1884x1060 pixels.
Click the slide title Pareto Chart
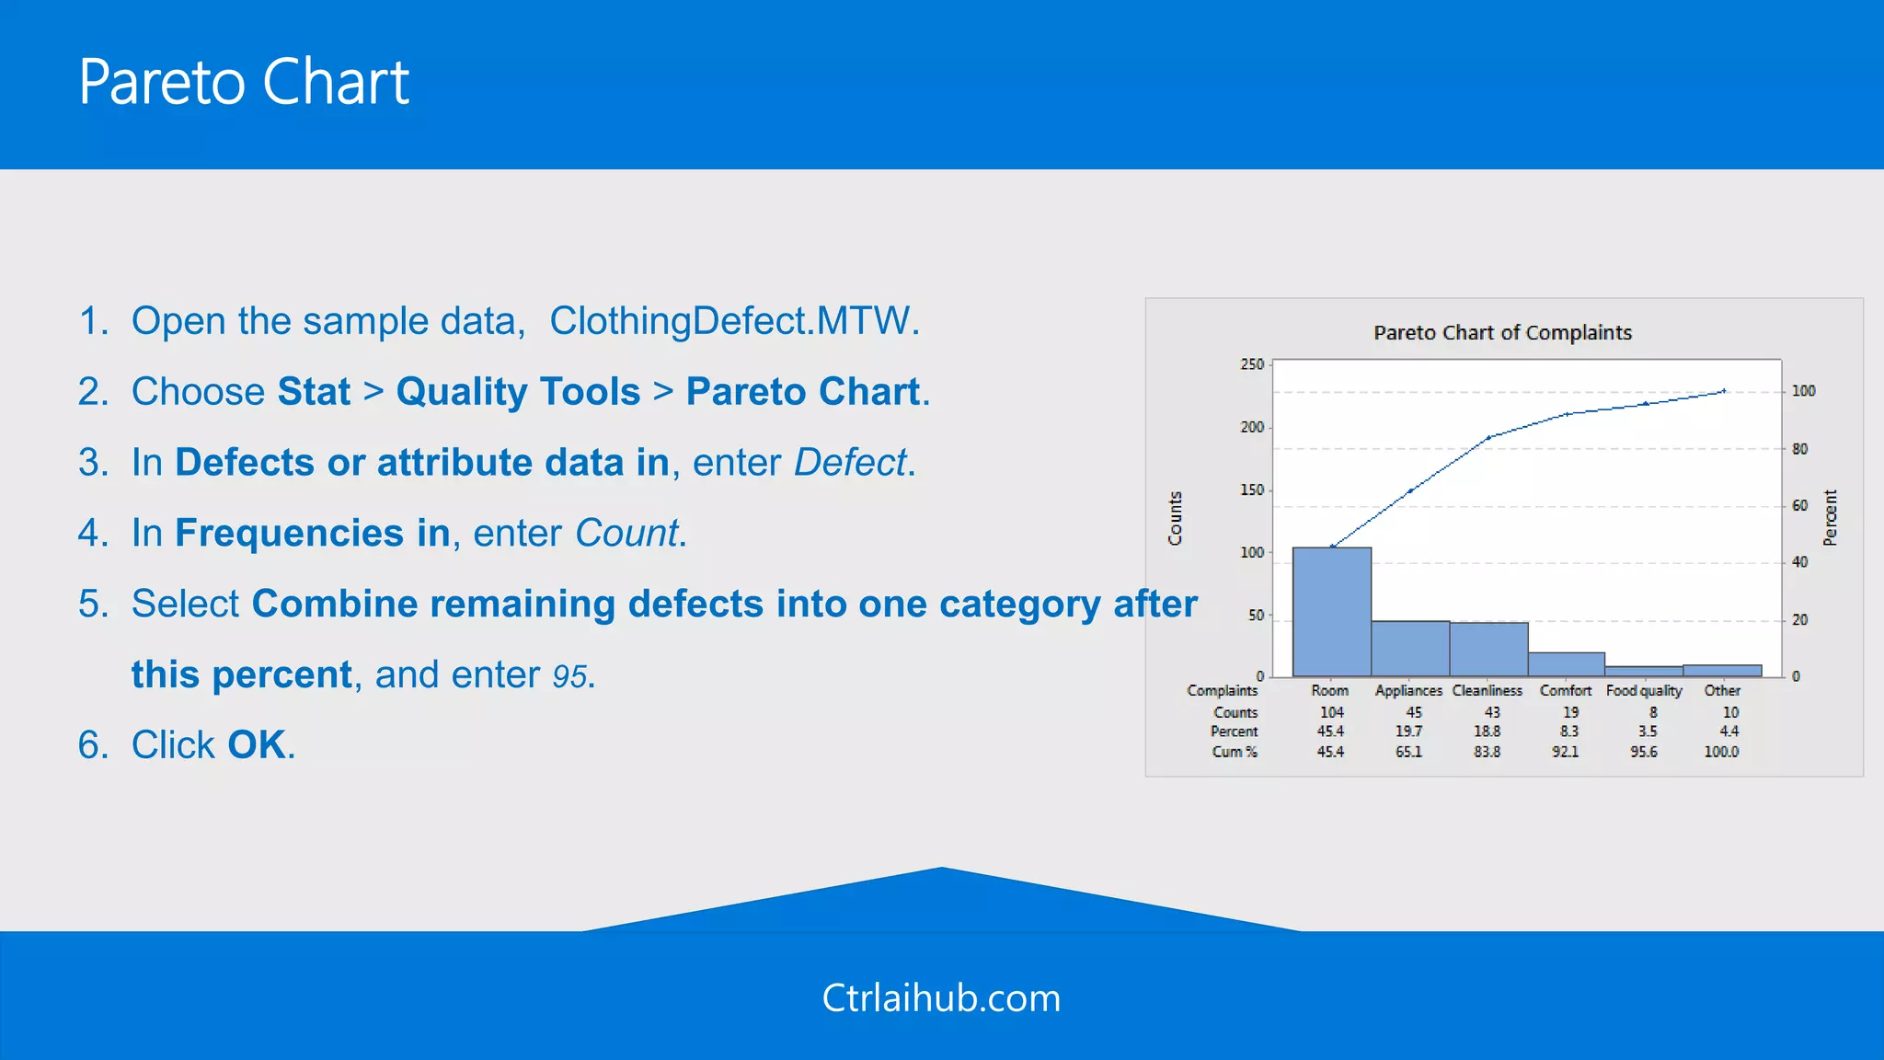244,83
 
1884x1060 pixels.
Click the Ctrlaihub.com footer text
941,998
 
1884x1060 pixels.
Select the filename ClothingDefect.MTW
733,321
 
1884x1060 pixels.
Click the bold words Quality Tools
518,392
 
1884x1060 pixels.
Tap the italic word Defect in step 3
850,463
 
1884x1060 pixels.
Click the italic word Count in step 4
626,534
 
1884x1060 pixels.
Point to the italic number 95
569,676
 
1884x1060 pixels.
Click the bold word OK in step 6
257,745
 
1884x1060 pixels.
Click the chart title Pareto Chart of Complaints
1502,333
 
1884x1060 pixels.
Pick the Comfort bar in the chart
1566,664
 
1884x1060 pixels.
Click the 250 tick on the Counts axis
1251,364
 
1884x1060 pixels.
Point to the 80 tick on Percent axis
1799,449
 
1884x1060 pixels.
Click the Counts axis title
1175,518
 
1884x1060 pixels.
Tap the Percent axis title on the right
1830,517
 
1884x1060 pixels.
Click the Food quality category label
1644,690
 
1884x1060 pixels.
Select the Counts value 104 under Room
1331,712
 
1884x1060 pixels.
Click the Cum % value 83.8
1487,752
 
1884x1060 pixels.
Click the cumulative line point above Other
1724,391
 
